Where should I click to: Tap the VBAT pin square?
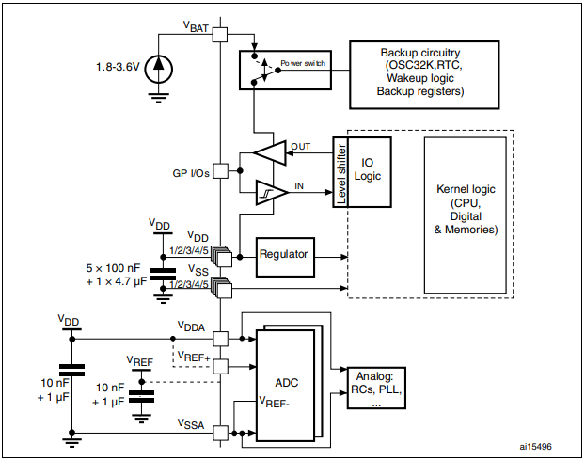pos(219,34)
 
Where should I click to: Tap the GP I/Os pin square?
pos(219,171)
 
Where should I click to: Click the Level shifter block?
pos(342,172)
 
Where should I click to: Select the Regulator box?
pos(285,255)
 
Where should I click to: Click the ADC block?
pos(289,383)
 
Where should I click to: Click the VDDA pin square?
pos(219,338)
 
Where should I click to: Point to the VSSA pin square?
pos(219,433)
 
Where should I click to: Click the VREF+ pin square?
pos(219,366)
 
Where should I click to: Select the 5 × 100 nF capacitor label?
pos(111,267)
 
